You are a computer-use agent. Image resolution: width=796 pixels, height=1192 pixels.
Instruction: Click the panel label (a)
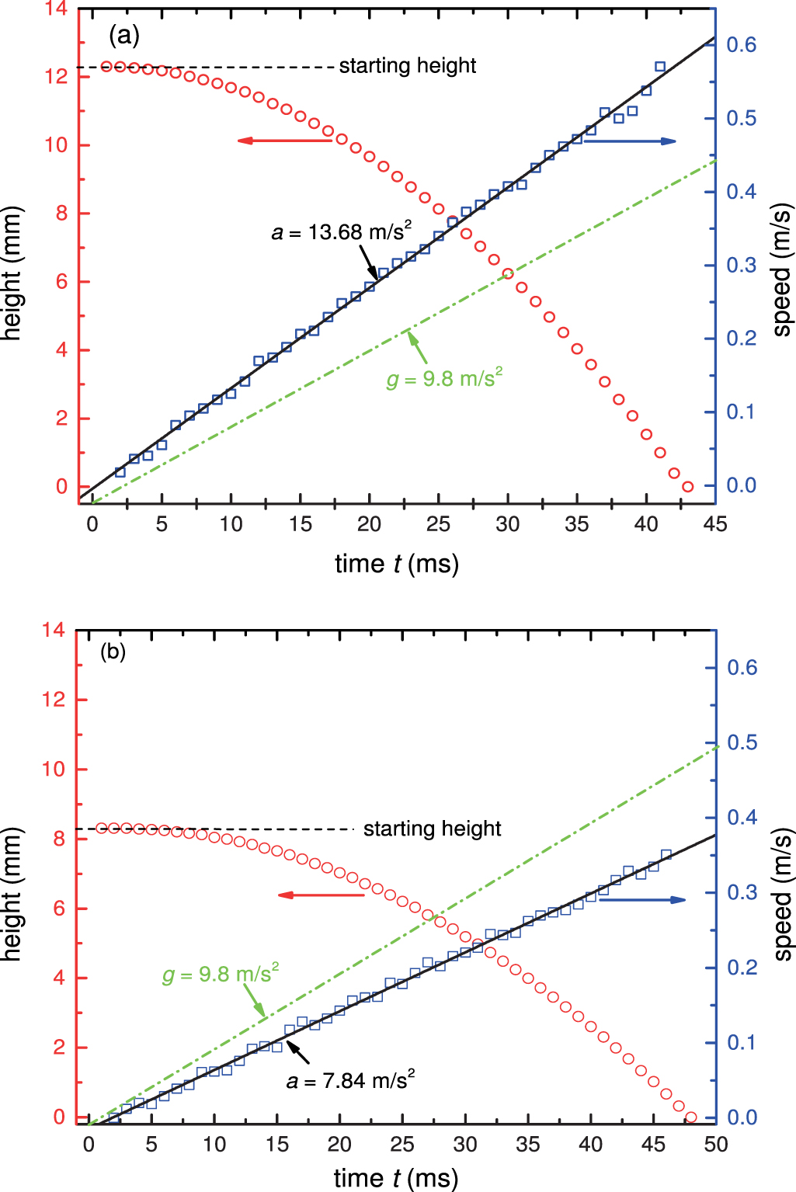pos(123,34)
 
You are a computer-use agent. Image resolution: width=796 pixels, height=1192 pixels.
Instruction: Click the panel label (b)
pos(113,652)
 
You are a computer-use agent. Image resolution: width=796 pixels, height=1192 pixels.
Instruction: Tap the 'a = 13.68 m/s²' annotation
pos(341,231)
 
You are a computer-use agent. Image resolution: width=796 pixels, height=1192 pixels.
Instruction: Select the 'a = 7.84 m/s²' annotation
pos(350,1080)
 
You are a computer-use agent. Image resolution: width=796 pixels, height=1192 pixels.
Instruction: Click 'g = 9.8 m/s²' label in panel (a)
pos(444,379)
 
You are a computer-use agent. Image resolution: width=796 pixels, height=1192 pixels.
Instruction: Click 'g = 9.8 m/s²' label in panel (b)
pos(221,974)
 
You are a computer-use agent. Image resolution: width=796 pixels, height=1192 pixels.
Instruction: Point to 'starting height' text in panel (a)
pos(407,66)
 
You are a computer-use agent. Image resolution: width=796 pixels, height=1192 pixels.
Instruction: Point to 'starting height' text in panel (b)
pos(432,829)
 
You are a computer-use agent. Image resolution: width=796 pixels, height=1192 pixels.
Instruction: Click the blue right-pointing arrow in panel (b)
pos(643,899)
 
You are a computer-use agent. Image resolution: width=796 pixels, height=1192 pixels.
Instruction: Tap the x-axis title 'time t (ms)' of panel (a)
pos(397,563)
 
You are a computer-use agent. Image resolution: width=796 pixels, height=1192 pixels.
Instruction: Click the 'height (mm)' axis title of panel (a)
pos(12,273)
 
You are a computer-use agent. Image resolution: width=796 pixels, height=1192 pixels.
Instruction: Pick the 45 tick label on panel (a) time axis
pos(714,524)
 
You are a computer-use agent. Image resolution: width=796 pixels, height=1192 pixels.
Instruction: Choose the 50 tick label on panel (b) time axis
pos(715,1144)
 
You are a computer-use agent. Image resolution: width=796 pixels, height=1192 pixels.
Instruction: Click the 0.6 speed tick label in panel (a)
pos(741,45)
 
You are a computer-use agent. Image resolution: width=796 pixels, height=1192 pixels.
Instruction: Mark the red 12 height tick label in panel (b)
pos(53,700)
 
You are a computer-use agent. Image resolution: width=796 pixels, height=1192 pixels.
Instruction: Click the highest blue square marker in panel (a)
pos(660,67)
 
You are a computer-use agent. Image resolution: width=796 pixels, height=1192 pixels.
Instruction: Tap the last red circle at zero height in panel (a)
pos(687,487)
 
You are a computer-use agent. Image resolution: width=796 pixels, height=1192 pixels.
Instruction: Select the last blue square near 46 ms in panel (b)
pos(666,855)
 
